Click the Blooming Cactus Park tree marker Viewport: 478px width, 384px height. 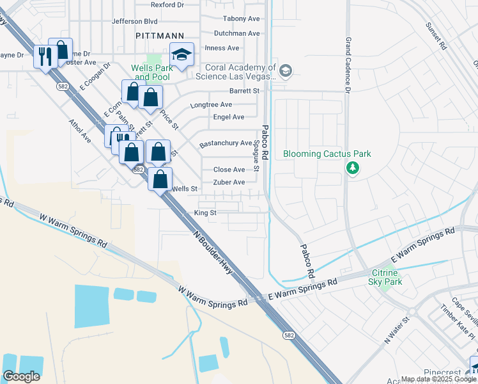click(x=351, y=168)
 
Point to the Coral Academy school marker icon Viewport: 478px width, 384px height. click(x=286, y=70)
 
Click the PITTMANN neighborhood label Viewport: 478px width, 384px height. click(x=160, y=36)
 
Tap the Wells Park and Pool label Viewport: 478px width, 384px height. click(x=151, y=72)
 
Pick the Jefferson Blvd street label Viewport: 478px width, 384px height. click(x=134, y=21)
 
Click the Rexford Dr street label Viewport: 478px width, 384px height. click(x=167, y=4)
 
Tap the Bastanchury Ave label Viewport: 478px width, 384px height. click(x=226, y=143)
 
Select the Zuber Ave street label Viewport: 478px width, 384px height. click(x=229, y=182)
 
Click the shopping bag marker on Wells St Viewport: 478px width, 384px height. click(x=160, y=179)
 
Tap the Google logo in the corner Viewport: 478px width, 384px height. click(x=21, y=376)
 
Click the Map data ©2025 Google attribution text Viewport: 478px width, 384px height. click(x=433, y=379)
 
